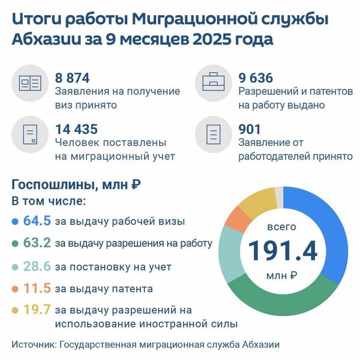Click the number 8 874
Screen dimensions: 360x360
tap(76, 78)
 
